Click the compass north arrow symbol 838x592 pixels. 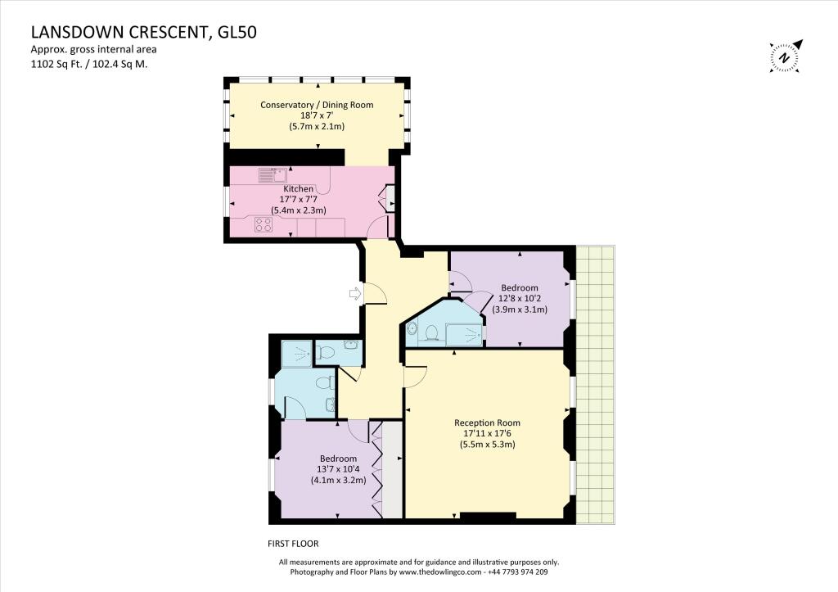pos(785,56)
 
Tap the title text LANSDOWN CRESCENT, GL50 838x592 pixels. pos(144,33)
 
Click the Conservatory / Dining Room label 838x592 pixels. pos(317,105)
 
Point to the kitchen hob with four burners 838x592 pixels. pos(263,224)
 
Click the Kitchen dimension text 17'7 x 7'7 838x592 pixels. pos(299,200)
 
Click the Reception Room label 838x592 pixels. pos(487,423)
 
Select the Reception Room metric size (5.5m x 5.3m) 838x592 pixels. pos(488,445)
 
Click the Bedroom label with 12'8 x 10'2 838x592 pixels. pos(520,287)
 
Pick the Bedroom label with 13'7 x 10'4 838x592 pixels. pos(338,459)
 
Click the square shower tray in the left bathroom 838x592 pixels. pos(297,354)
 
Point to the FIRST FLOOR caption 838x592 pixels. pos(293,544)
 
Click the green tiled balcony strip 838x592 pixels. pos(596,385)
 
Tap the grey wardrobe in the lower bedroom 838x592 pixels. pos(392,469)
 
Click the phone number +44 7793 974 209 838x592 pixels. pos(517,572)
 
